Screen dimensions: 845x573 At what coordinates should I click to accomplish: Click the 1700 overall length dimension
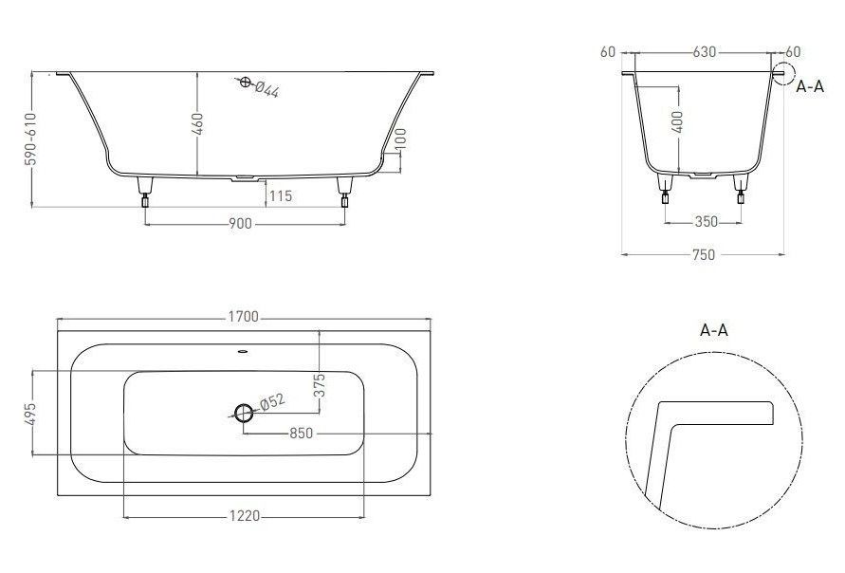click(x=244, y=317)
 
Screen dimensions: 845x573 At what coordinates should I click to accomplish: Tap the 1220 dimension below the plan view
click(x=245, y=516)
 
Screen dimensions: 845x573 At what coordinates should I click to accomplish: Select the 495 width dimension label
click(x=30, y=414)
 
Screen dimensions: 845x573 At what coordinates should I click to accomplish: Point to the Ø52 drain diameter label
click(x=273, y=401)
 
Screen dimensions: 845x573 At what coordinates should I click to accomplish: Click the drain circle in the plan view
click(x=244, y=413)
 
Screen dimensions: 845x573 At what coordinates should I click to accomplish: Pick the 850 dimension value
click(x=301, y=433)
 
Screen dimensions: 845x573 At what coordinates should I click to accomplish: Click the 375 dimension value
click(x=320, y=385)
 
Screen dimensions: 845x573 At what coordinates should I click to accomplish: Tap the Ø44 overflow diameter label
click(x=266, y=89)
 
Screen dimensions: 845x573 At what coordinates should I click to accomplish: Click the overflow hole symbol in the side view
click(x=246, y=82)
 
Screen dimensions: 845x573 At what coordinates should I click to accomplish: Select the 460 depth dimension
click(x=198, y=124)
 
